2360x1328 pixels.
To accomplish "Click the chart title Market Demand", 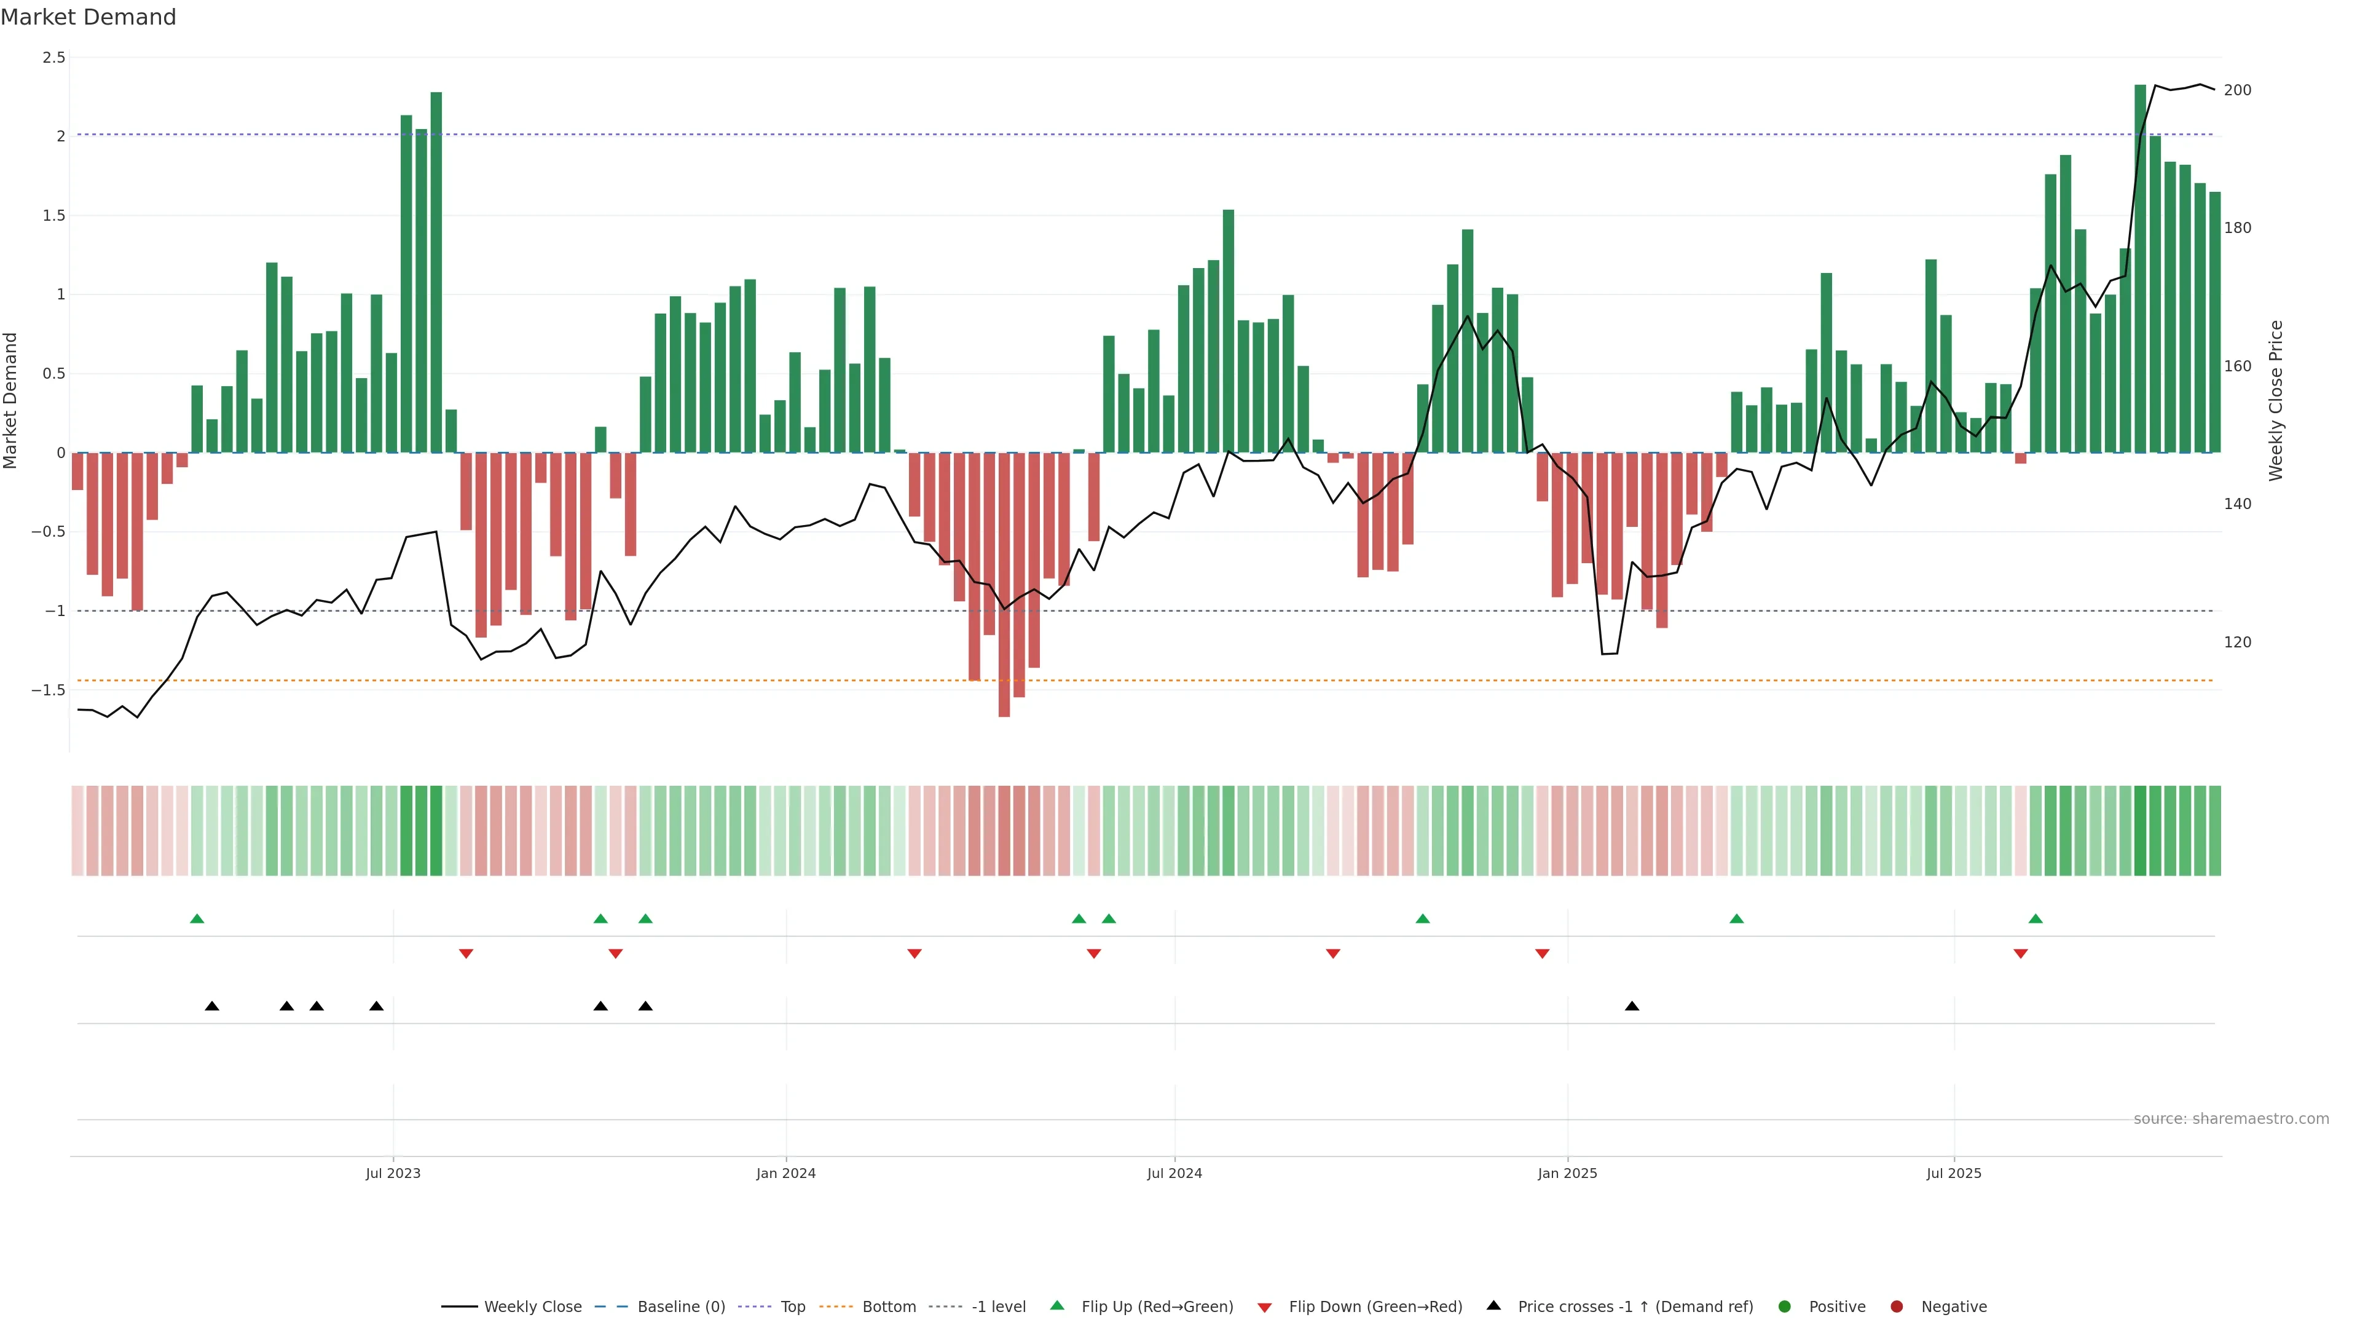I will click(88, 17).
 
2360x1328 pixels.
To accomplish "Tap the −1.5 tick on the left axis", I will click(48, 690).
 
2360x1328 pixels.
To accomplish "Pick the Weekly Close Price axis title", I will click(2276, 400).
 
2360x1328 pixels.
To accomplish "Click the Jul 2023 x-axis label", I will click(393, 1173).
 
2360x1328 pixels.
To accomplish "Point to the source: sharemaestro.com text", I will click(2231, 1119).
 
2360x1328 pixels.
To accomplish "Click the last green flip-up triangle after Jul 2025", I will click(2035, 919).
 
